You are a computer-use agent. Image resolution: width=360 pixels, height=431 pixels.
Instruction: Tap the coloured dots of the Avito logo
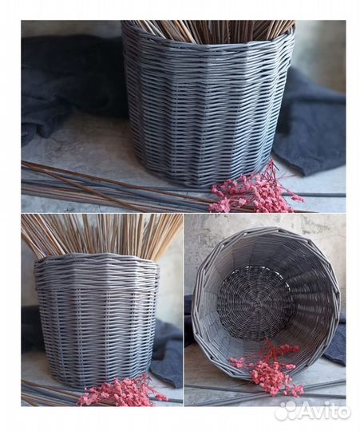pos(285,410)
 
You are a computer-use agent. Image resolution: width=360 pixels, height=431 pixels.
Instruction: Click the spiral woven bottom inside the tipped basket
pos(255,302)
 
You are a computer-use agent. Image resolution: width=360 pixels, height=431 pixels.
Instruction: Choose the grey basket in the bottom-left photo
pos(97,319)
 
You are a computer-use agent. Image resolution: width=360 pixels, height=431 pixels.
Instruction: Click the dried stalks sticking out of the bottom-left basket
pos(100,233)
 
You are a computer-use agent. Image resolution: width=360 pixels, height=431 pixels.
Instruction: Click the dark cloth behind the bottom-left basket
pos(168,351)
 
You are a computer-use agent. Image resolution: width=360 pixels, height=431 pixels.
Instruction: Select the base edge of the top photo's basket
pos(206,180)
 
